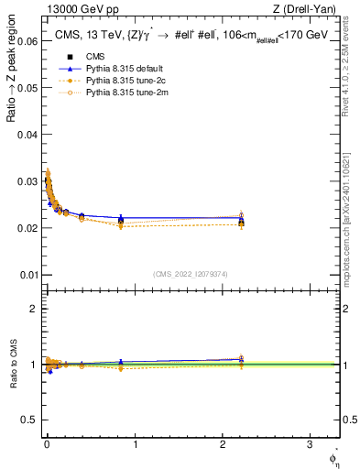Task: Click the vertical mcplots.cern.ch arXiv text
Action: point(352,202)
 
